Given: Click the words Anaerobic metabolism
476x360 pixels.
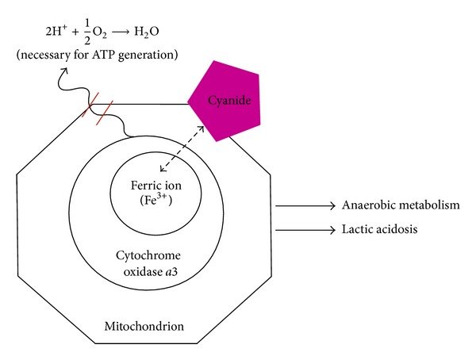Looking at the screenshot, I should (401, 205).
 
